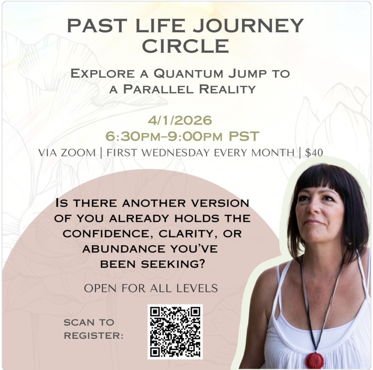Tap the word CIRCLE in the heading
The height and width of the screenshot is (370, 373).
click(186, 46)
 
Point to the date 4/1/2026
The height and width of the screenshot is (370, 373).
click(180, 120)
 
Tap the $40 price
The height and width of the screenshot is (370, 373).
click(314, 153)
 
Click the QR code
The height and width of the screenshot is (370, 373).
click(175, 331)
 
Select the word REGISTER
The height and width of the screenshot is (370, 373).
click(94, 336)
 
